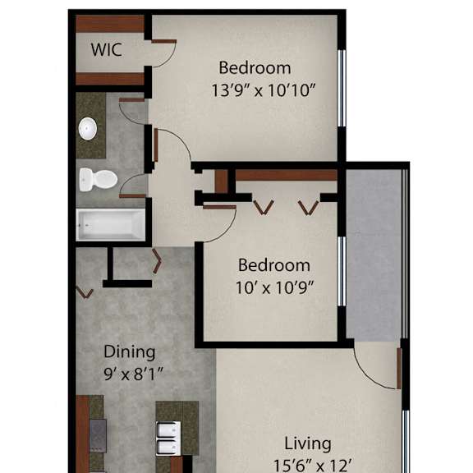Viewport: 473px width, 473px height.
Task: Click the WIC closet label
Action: (x=107, y=50)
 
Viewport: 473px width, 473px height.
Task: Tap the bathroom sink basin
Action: (x=88, y=129)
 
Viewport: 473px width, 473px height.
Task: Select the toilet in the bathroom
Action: (x=98, y=180)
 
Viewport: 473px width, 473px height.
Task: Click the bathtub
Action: (x=111, y=225)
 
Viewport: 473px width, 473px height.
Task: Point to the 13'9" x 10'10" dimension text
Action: (x=264, y=90)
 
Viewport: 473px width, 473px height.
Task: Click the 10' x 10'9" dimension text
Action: (x=275, y=287)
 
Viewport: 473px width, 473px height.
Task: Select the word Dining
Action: (x=130, y=352)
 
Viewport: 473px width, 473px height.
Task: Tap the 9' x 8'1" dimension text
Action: (x=133, y=374)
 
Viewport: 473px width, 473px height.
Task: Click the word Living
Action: (x=308, y=444)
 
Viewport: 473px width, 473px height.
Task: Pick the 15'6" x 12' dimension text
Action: (x=313, y=466)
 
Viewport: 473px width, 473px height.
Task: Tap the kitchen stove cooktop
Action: (x=98, y=435)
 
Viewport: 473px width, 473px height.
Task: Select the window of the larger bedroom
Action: (x=342, y=88)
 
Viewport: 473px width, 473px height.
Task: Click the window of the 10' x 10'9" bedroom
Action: (x=342, y=272)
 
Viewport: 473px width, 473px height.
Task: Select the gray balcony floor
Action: (x=374, y=255)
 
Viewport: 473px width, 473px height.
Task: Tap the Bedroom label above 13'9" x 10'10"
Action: (x=255, y=68)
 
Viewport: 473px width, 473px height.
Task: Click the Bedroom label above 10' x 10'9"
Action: (x=274, y=265)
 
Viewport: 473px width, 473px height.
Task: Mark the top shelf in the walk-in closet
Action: (x=110, y=24)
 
